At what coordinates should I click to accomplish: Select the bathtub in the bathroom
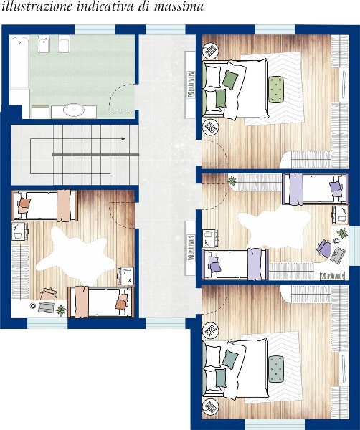19,64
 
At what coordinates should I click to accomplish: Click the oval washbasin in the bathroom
74,110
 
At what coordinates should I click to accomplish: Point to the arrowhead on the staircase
123,139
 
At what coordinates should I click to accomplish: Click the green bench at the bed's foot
276,90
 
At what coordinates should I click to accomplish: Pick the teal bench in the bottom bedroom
276,369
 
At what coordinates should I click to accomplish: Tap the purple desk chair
324,248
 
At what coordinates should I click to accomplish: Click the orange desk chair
48,294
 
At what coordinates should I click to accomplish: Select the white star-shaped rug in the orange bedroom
74,255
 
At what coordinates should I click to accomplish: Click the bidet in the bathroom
44,44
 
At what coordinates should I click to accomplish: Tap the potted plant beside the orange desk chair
60,311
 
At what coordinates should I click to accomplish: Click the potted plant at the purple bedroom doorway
232,181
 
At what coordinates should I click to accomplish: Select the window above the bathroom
95,29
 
